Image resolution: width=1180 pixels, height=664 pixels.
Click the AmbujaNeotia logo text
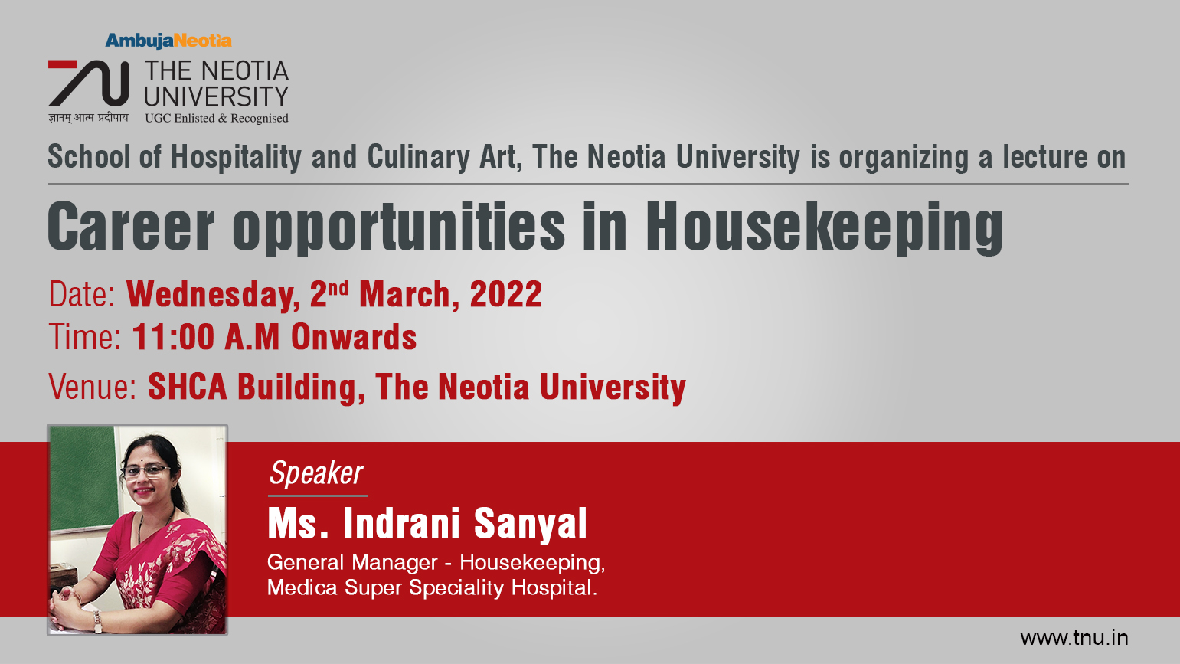tap(168, 41)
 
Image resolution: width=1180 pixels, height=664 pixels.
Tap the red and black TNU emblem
tap(89, 83)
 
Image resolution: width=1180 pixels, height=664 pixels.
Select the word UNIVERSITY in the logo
tap(217, 97)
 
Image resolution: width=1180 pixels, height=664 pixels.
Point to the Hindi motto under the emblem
tap(89, 117)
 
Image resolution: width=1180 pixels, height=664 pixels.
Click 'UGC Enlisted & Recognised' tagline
tap(217, 119)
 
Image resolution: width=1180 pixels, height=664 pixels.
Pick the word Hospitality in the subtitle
tap(236, 158)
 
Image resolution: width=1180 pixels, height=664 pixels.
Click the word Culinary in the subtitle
tap(418, 158)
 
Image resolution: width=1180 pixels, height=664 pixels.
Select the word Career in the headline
tap(131, 226)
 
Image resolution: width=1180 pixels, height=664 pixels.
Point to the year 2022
tap(505, 293)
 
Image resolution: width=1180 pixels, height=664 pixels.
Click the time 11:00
tap(173, 337)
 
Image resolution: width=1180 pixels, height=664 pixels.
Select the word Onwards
tap(354, 337)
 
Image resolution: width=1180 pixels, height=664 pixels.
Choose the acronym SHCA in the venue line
tap(188, 387)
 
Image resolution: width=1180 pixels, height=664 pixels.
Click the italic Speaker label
tap(316, 473)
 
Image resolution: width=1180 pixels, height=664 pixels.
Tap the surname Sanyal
tap(531, 524)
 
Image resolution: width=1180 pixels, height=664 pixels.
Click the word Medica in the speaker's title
tap(302, 587)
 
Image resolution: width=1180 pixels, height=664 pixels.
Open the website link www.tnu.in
tap(1074, 638)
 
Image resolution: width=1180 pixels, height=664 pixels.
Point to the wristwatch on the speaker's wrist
tap(97, 622)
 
